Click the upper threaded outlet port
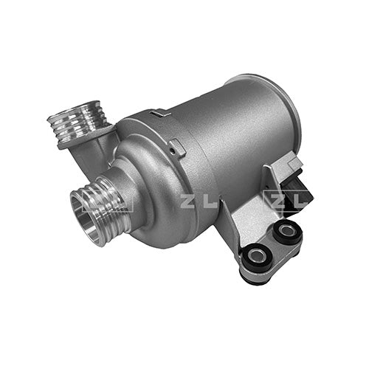[79, 123]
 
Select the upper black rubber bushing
[287, 231]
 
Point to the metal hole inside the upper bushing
[287, 230]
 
